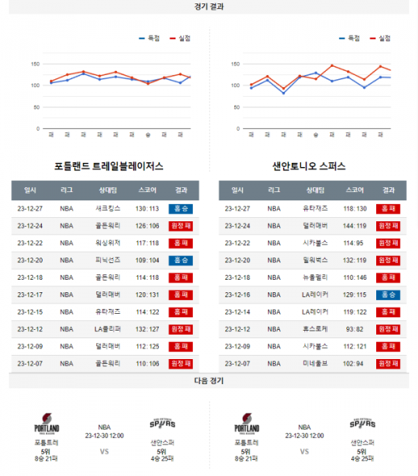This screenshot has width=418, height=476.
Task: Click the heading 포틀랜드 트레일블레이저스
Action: click(109, 167)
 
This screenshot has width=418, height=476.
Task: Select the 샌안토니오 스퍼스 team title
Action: click(309, 167)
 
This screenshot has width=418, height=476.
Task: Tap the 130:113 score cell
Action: click(148, 208)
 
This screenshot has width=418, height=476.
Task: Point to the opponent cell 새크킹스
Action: click(108, 208)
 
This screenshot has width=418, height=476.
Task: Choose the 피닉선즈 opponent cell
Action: click(108, 260)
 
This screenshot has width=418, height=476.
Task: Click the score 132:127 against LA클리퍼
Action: click(148, 328)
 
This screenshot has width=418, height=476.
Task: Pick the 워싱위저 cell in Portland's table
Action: click(108, 242)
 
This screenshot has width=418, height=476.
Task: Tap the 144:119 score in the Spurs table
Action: click(355, 225)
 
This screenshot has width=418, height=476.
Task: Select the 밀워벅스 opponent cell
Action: click(310, 260)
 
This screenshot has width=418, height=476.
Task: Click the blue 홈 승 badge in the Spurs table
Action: click(388, 294)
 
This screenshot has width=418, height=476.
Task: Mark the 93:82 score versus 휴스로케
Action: click(355, 328)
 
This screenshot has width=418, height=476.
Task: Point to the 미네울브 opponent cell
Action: click(310, 363)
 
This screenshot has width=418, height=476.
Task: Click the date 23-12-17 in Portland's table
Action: click(30, 294)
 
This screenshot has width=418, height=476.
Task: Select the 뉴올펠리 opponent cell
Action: click(310, 277)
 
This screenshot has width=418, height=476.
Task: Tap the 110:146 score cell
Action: click(355, 277)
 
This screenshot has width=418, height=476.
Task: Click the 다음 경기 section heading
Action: click(209, 381)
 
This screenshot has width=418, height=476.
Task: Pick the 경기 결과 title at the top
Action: click(209, 6)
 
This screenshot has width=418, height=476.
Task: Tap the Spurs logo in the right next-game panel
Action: click(362, 423)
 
